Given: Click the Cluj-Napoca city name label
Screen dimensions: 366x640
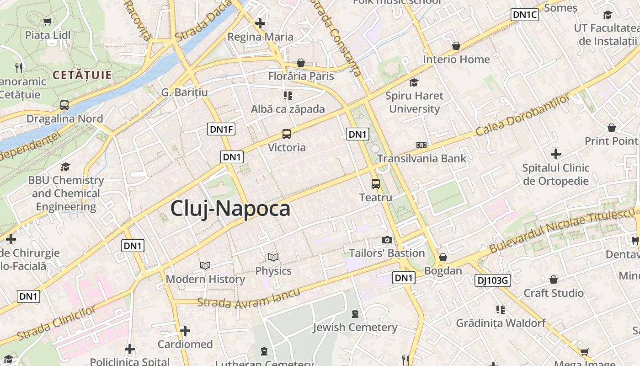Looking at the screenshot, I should coord(230,209).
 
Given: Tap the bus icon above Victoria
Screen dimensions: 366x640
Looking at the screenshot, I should coord(287,134).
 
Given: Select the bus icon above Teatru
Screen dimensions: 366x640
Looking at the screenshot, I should coord(376,184).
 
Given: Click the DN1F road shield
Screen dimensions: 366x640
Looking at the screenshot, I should coord(222,129).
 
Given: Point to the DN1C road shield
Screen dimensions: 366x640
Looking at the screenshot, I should coord(525,15).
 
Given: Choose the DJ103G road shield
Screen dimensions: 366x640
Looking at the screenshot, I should coord(492,280).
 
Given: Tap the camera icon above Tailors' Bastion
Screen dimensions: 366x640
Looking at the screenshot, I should coord(387,240).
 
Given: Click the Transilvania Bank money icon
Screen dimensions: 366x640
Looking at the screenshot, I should coord(421,145).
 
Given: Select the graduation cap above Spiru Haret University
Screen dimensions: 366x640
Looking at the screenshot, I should coord(414,82).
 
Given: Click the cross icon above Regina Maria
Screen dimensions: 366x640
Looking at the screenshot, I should coord(260,23).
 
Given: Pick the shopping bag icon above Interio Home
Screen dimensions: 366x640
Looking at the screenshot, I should coord(456,46).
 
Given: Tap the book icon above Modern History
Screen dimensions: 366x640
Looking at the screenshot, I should coord(205,265).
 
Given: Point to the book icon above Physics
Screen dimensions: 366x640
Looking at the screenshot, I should coord(273,257).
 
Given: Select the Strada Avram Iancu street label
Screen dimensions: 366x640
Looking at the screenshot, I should coord(249,298).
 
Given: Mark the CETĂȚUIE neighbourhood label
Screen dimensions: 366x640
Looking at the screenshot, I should coord(82,75).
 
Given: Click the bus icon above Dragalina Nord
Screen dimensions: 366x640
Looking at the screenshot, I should coord(64,105).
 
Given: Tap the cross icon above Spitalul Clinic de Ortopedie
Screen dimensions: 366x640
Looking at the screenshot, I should coord(556,154).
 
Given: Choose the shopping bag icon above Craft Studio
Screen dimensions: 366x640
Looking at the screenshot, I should coord(554,279).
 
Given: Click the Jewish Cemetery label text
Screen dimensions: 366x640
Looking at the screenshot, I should coord(355,328).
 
